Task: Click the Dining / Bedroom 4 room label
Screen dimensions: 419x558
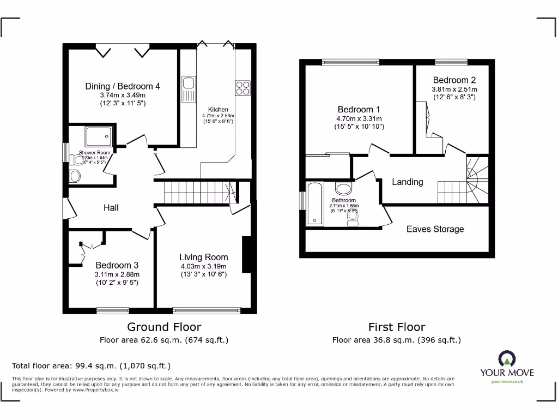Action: pos(123,86)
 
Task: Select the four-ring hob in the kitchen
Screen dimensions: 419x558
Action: pos(242,88)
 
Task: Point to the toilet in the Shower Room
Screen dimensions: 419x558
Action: pos(75,176)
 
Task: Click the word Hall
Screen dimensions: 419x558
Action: pos(111,207)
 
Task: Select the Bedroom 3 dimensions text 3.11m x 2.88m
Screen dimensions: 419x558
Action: pos(118,274)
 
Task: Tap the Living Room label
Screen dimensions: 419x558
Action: pos(204,257)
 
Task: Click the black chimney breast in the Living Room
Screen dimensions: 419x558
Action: pos(246,254)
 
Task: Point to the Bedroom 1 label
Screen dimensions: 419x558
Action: pos(355,109)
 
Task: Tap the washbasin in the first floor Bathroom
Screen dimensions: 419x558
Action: pos(343,189)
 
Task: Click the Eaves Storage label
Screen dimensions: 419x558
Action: pos(435,229)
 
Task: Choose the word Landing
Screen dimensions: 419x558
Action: pos(408,182)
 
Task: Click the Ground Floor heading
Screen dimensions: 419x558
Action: pos(164,327)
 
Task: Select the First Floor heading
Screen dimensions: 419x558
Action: pos(397,327)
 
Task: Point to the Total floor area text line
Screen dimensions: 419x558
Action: pos(92,366)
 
